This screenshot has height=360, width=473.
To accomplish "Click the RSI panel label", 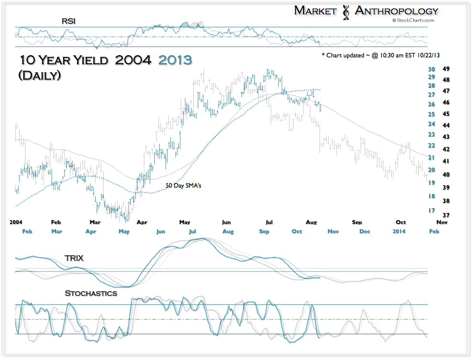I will tap(68, 21).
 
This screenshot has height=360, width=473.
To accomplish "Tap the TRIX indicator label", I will tap(74, 258).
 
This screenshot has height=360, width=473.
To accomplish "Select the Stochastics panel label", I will tap(91, 293).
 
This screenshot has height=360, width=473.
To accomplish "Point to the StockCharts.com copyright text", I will tap(413, 20).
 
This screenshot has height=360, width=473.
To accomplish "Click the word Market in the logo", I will tap(315, 11).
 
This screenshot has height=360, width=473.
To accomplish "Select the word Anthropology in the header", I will tap(396, 11).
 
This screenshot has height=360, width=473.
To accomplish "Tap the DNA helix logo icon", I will tap(346, 11).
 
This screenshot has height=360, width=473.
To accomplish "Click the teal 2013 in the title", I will tap(175, 60).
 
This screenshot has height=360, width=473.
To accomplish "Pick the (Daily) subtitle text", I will tap(39, 75).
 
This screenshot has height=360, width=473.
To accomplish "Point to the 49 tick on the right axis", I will tap(445, 68).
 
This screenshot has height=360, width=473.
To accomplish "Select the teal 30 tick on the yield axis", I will tap(431, 68).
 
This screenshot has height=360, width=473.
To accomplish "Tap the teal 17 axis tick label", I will tap(431, 210).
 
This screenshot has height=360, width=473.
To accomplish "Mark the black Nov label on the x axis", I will tap(441, 222).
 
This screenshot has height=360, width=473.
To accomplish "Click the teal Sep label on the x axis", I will tap(264, 231).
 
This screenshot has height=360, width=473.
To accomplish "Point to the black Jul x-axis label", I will tap(269, 222).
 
